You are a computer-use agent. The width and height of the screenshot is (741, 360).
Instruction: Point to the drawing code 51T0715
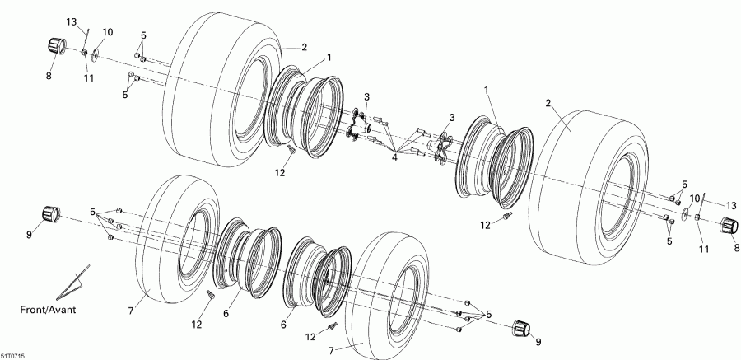[14, 354]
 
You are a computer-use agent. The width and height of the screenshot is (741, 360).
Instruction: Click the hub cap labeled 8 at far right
[729, 227]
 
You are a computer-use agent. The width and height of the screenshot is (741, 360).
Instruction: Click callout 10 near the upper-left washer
[108, 32]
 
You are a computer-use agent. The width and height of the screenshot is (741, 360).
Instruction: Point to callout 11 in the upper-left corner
[89, 77]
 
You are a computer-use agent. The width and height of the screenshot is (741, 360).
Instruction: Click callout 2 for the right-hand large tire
[548, 104]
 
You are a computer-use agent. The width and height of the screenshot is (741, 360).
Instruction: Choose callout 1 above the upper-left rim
[329, 57]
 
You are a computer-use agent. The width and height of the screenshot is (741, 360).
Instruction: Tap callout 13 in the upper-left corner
[72, 21]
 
